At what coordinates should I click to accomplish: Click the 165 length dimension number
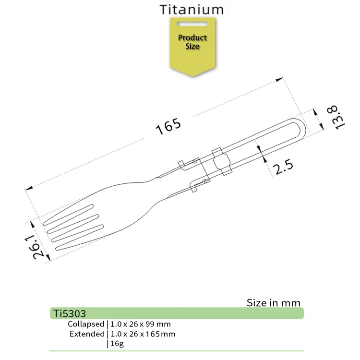point(168,127)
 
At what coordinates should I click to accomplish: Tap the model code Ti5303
point(70,314)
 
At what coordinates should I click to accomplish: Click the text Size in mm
point(273,303)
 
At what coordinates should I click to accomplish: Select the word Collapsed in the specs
point(86,324)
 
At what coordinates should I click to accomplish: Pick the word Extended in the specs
point(87,334)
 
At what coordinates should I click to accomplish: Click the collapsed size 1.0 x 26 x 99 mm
point(140,324)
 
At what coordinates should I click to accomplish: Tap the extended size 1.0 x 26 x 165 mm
point(143,334)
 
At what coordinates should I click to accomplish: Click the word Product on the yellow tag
point(192,38)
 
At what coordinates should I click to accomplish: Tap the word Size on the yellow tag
point(192,47)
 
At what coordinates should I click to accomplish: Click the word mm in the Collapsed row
point(164,324)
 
